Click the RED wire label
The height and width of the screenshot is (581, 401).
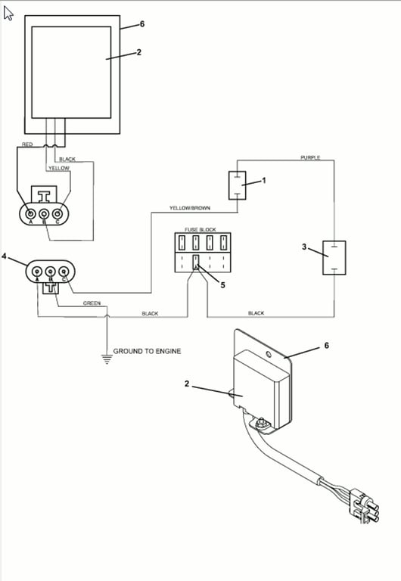pos(27,144)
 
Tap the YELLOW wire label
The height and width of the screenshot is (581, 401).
pos(59,168)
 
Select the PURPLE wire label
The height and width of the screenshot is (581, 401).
pos(310,157)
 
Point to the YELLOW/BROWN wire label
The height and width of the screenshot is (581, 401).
pos(190,208)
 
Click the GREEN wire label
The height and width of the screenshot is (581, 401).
pos(92,303)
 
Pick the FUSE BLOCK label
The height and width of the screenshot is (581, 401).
pos(201,230)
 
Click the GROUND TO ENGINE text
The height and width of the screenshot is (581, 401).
pos(147,351)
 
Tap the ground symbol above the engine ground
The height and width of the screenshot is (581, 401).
pos(107,359)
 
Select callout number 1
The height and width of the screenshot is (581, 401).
pos(264,181)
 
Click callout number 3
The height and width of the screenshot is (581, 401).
pos(304,247)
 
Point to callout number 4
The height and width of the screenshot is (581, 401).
pos(4,256)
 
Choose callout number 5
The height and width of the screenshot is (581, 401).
pos(222,285)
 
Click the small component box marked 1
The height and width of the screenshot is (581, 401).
pos(237,185)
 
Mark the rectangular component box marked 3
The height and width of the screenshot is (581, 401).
pos(334,257)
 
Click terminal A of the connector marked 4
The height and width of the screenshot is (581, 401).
pos(37,272)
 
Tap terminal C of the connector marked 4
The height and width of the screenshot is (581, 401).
pos(64,272)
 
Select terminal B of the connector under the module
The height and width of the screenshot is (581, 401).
pos(44,214)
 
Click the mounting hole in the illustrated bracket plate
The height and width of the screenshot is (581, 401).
pos(269,355)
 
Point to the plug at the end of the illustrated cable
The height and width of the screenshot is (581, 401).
pos(365,507)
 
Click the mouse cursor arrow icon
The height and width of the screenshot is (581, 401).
pos(8,14)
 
